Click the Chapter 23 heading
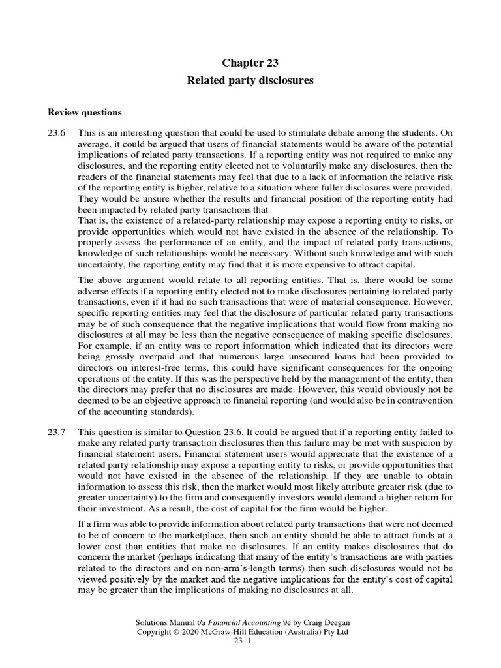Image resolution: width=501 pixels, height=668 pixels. coord(250,63)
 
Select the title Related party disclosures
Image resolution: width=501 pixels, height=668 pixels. coord(250,81)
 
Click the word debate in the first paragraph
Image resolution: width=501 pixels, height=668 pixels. coord(342,132)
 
